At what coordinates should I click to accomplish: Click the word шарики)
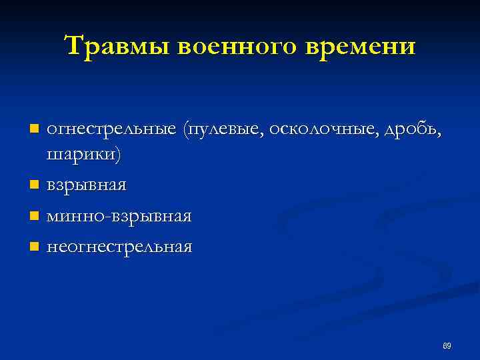click(x=85, y=155)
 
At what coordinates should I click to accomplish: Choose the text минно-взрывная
click(x=119, y=216)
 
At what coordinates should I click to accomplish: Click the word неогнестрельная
click(x=119, y=247)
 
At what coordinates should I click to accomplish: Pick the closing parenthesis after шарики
click(x=120, y=155)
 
